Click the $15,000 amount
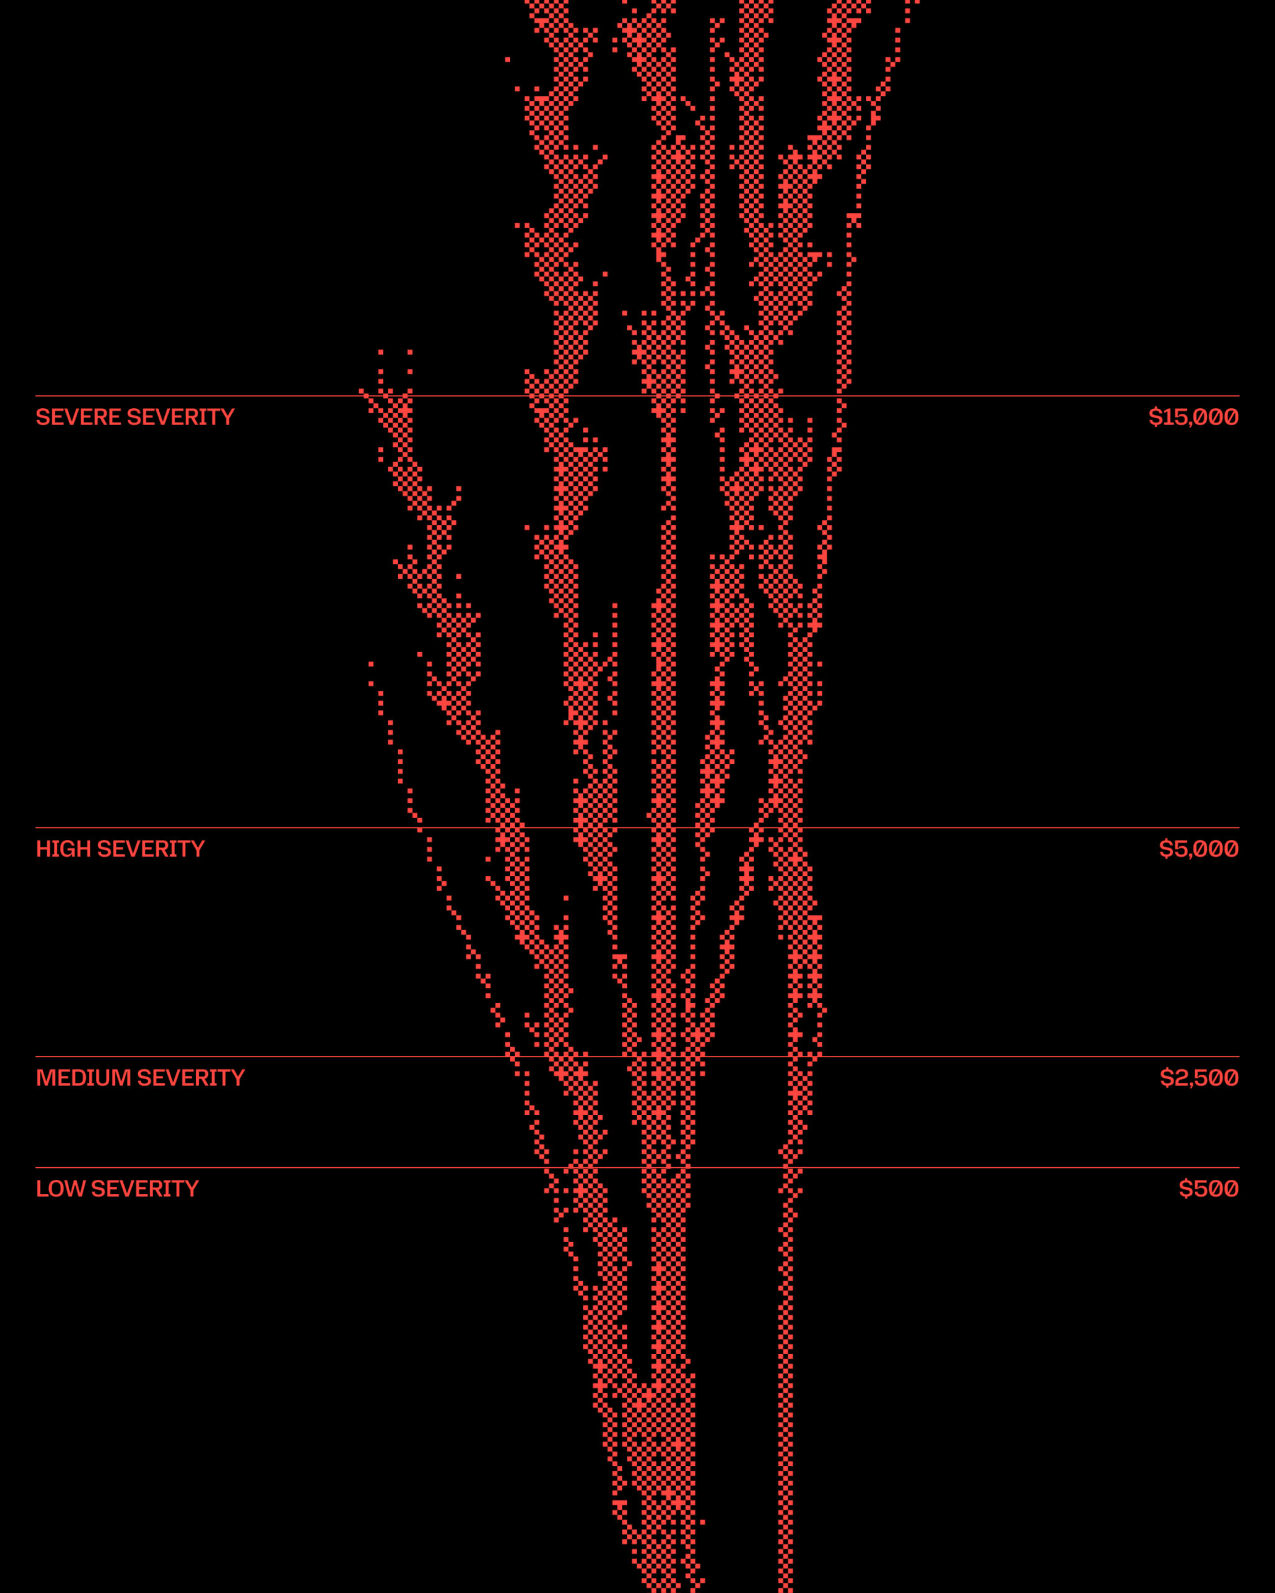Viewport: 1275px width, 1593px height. click(x=1193, y=418)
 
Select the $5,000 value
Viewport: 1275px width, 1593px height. click(x=1198, y=849)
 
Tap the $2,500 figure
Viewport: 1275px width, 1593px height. click(x=1199, y=1078)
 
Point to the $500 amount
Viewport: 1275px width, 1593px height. click(x=1208, y=1189)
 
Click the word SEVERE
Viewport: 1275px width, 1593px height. click(x=79, y=418)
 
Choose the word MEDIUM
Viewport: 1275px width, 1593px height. click(x=83, y=1078)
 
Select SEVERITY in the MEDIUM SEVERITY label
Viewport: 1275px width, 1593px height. click(x=191, y=1078)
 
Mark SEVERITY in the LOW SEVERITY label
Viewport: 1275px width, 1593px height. click(x=145, y=1189)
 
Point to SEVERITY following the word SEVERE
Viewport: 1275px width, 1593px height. click(x=181, y=418)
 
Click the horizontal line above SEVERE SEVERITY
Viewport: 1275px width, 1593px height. click(x=222, y=396)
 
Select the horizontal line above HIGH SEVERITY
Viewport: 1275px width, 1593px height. click(x=222, y=828)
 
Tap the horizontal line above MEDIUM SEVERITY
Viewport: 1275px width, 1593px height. click(x=222, y=1057)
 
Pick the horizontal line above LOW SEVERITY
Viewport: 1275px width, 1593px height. click(x=222, y=1167)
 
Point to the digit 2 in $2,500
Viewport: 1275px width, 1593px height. click(x=1179, y=1078)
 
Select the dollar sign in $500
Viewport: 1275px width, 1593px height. click(x=1185, y=1189)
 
